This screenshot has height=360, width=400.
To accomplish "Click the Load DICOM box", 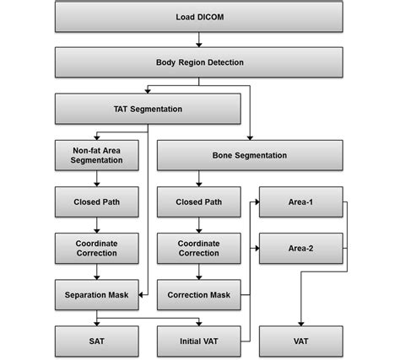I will pos(199,17).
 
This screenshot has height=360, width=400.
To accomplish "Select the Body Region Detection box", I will pos(199,62).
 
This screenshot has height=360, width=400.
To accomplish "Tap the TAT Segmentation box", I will pos(148,109).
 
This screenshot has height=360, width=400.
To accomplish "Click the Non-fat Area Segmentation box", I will pos(97,155).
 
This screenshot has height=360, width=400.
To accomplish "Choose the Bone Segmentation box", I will pos(250,155).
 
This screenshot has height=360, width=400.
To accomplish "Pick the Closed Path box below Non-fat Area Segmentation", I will pos(97,202).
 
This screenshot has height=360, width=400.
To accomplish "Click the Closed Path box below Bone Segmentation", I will pos(199,202).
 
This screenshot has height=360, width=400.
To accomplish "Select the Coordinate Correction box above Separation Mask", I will pos(97,249).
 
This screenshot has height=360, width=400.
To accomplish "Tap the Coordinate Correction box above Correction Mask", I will pos(199,249).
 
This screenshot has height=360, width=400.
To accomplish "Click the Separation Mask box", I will pos(97,295).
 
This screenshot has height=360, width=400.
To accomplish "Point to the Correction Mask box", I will pos(199,295).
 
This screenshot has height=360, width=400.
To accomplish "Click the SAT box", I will pos(97,341).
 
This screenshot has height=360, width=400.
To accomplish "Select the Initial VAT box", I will pos(199,341).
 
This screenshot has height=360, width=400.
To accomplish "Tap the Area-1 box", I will pos(301,202).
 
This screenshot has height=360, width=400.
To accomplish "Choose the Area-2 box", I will pos(301,249).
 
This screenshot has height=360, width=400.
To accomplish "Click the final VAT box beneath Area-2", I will pos(301,341).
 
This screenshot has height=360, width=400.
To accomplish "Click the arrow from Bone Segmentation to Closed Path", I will pos(199,179).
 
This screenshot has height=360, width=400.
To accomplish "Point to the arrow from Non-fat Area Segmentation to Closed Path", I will pos(97,179).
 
